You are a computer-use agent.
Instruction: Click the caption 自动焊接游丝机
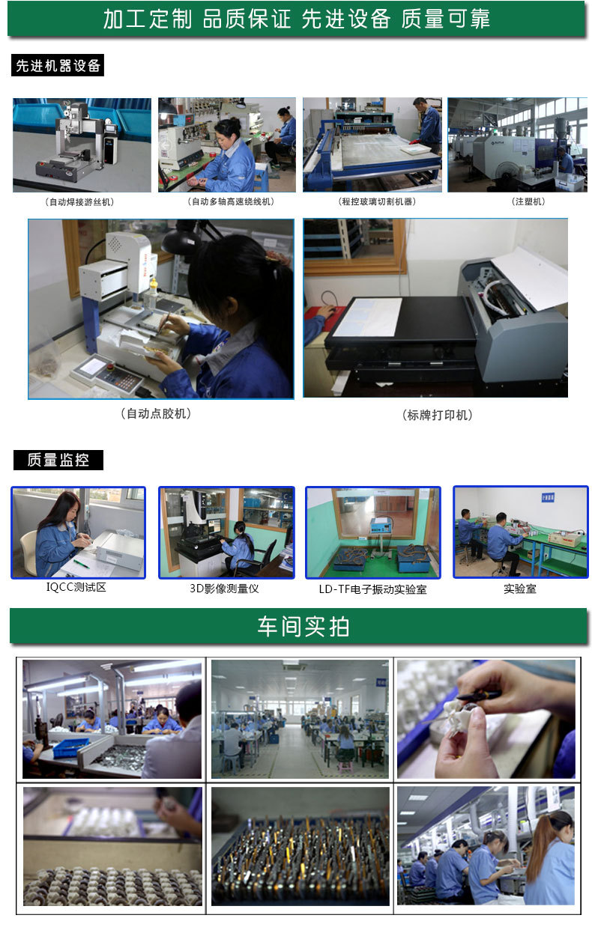point(79,202)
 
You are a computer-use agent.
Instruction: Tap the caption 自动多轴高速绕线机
point(231,201)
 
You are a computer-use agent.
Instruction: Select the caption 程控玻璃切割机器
point(377,201)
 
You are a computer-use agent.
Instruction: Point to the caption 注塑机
point(528,201)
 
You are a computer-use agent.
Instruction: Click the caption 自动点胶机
point(156,414)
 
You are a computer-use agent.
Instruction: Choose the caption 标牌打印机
point(438,415)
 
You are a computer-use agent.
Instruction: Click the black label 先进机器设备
point(58,65)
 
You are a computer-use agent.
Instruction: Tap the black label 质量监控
point(58,460)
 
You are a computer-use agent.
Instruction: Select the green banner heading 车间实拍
point(303,627)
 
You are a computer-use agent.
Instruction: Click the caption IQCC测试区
point(76,587)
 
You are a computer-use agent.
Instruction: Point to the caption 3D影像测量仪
point(224,589)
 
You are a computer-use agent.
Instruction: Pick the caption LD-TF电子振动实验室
point(372,589)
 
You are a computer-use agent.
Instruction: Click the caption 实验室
point(520,589)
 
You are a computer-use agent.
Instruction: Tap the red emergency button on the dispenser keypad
point(110,366)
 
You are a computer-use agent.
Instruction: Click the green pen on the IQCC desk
point(81,563)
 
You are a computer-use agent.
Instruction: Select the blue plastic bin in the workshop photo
point(70,747)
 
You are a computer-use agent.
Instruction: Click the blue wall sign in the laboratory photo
point(548,497)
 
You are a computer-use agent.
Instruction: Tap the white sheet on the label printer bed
point(368,317)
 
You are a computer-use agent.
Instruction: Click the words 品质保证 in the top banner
point(247,19)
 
